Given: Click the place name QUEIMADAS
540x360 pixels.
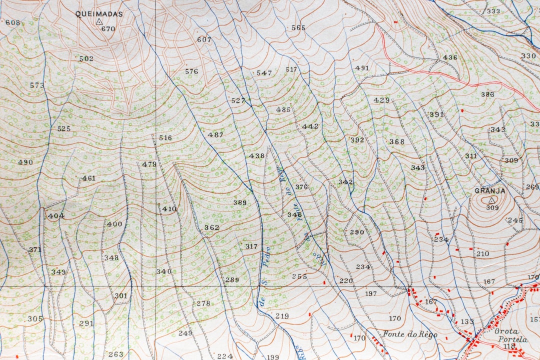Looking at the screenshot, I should tap(99, 14).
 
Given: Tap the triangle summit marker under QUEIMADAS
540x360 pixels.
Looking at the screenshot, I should tap(99, 22).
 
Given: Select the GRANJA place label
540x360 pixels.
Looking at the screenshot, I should tap(490, 191).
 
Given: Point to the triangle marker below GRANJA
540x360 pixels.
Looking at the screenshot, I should tap(491, 200).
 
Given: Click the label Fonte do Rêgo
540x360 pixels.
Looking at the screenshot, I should tap(410, 334).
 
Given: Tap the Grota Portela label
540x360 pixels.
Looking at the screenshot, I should tap(510, 335).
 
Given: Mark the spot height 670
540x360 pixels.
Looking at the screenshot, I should tap(108, 29).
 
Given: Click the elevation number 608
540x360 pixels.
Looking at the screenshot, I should tap(12, 22).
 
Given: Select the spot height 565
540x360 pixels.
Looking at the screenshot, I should tap(298, 28).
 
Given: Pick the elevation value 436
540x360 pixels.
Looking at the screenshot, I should tap(450, 57).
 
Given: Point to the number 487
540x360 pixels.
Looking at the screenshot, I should tap(215, 135).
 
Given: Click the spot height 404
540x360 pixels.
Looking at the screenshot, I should tap(56, 216).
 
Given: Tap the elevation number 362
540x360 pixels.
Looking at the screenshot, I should tap(211, 227).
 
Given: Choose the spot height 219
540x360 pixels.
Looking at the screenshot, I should tap(282, 316).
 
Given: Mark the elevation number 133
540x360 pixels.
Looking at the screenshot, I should tap(467, 321).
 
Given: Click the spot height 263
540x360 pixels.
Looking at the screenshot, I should tap(116, 354).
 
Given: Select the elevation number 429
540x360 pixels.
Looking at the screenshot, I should tap(381, 100).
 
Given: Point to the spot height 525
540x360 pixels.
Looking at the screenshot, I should tap(64, 128).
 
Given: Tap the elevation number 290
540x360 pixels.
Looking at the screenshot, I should tap(357, 232).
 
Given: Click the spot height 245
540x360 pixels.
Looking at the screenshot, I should tap(515, 220).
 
